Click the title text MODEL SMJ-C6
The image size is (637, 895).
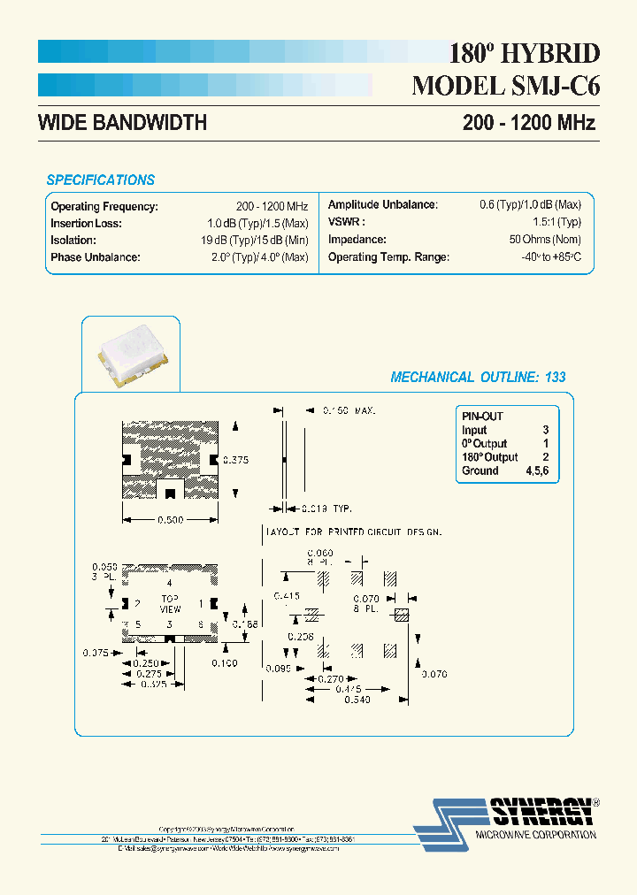click(x=506, y=86)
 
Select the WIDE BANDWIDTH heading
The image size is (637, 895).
click(x=122, y=123)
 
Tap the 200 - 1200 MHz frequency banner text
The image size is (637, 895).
click(x=528, y=123)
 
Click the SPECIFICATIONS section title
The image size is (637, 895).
click(x=100, y=180)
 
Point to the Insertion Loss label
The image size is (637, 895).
click(x=86, y=223)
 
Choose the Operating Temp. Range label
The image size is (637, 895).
click(x=388, y=257)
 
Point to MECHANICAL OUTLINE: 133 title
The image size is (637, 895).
click(x=478, y=377)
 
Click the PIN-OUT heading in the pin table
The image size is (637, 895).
click(x=482, y=416)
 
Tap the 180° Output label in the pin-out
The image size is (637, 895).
click(x=489, y=457)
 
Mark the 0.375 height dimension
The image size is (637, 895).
click(x=235, y=460)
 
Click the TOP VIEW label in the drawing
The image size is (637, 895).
click(x=169, y=603)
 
